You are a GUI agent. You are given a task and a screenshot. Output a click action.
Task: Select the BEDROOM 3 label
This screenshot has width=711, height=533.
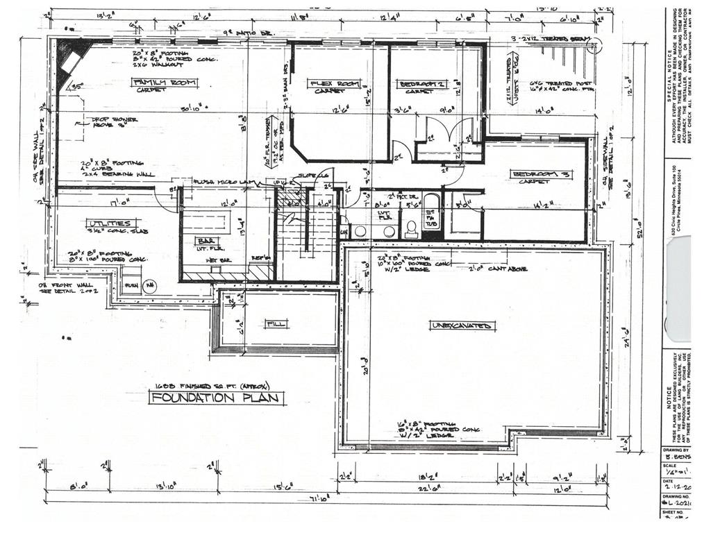[541, 174]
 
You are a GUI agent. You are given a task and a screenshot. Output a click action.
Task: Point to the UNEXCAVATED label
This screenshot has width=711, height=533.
[462, 325]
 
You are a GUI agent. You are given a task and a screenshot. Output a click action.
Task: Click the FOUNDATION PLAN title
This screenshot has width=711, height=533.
[217, 398]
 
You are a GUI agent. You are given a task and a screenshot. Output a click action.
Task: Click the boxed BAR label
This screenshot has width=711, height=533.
[205, 240]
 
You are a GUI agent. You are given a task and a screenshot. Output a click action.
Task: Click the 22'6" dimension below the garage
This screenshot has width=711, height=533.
[417, 488]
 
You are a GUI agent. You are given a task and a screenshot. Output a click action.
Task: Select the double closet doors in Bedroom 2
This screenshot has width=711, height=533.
[449, 130]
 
